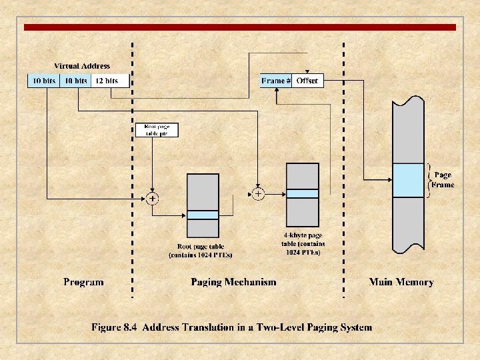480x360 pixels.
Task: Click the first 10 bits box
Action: click(x=43, y=81)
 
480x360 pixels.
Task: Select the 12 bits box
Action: click(x=107, y=81)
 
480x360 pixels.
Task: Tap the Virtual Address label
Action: click(x=81, y=66)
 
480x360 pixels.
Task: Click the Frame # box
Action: click(x=276, y=81)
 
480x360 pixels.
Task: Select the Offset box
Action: click(x=307, y=81)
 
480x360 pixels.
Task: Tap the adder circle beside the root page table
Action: click(x=153, y=198)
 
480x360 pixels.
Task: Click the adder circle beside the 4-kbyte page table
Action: click(x=258, y=194)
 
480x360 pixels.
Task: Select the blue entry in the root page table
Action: click(x=203, y=215)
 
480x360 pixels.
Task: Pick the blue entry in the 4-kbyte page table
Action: click(x=303, y=193)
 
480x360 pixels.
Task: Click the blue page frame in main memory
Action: click(x=408, y=180)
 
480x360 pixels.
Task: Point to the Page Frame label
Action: click(x=443, y=180)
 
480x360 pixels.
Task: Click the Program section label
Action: click(x=83, y=282)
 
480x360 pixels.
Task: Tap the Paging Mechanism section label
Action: click(x=233, y=282)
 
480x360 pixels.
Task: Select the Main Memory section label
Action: click(x=401, y=282)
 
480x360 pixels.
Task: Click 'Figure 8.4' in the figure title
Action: click(x=114, y=327)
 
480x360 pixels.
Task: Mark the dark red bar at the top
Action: click(x=240, y=27)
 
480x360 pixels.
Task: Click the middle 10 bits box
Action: click(x=75, y=81)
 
